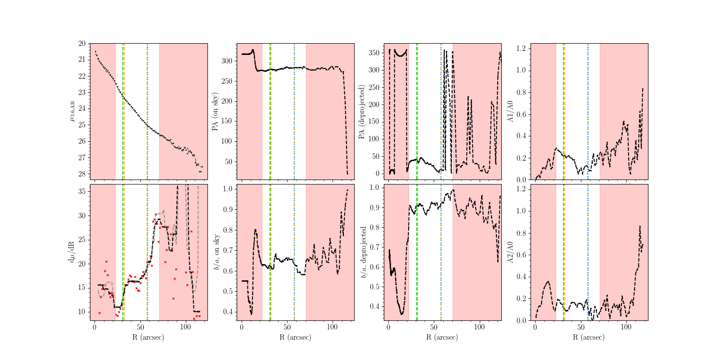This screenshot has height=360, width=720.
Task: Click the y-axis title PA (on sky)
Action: [x=215, y=112]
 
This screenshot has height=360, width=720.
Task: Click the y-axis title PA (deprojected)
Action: [x=362, y=112]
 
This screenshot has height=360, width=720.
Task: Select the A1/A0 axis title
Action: [x=510, y=112]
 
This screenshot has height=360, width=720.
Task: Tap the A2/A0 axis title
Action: [x=510, y=252]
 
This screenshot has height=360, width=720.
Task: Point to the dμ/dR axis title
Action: [x=71, y=252]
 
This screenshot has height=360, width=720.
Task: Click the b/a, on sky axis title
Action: [x=216, y=252]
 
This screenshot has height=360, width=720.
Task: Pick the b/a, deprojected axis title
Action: [x=363, y=252]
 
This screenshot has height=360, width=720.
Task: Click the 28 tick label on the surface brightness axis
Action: [x=82, y=174]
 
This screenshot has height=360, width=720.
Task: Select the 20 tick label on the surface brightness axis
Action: [x=82, y=44]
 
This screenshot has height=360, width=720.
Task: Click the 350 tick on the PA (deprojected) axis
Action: [x=374, y=53]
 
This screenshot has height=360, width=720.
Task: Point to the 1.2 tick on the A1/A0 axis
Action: [x=522, y=49]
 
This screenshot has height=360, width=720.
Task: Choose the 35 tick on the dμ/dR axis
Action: [x=82, y=191]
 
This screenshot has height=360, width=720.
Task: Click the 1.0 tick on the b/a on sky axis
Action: [x=229, y=189]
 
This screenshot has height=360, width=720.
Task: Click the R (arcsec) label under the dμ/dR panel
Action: [x=148, y=337]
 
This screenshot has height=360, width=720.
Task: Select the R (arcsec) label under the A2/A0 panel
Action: [x=589, y=337]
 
